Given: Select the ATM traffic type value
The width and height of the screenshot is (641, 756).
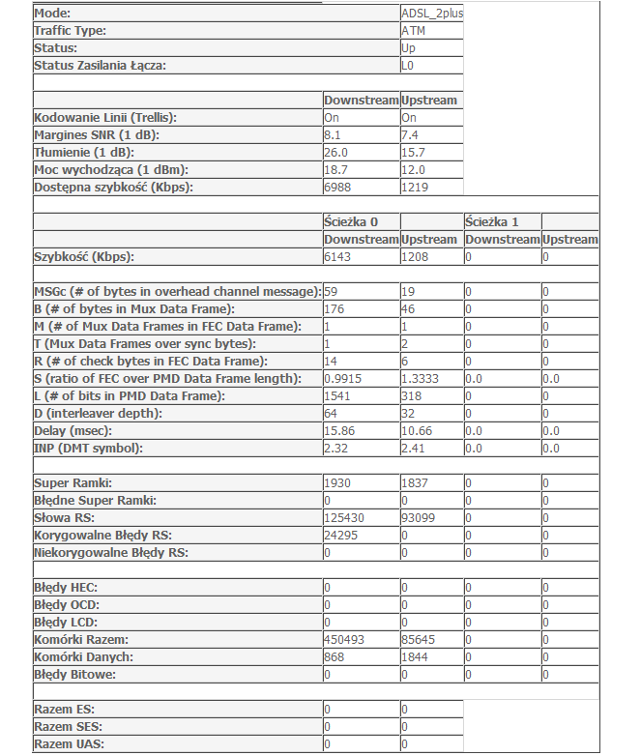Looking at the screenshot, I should click(x=413, y=31).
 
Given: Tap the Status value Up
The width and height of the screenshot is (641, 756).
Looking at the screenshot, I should click(x=409, y=48).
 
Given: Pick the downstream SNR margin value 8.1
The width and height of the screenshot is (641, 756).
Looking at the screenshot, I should click(x=333, y=135).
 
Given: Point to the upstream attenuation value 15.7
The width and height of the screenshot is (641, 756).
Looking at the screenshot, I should click(x=414, y=153).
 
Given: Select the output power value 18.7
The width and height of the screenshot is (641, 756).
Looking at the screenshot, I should click(x=336, y=170).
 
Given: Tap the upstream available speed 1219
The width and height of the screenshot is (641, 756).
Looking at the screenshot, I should click(x=415, y=188).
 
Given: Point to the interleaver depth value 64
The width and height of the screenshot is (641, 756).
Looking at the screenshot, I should click(x=331, y=414).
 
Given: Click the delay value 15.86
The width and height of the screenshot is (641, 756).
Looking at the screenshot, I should click(x=339, y=431).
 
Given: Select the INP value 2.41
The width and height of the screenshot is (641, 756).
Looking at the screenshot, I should click(x=414, y=449).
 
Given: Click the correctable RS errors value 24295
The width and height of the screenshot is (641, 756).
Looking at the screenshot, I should click(x=340, y=536).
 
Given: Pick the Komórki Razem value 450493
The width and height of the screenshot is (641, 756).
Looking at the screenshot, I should click(x=344, y=640).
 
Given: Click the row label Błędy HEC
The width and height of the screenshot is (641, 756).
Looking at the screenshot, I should click(x=66, y=588).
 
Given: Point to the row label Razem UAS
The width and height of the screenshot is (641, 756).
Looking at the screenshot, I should click(x=70, y=744).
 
